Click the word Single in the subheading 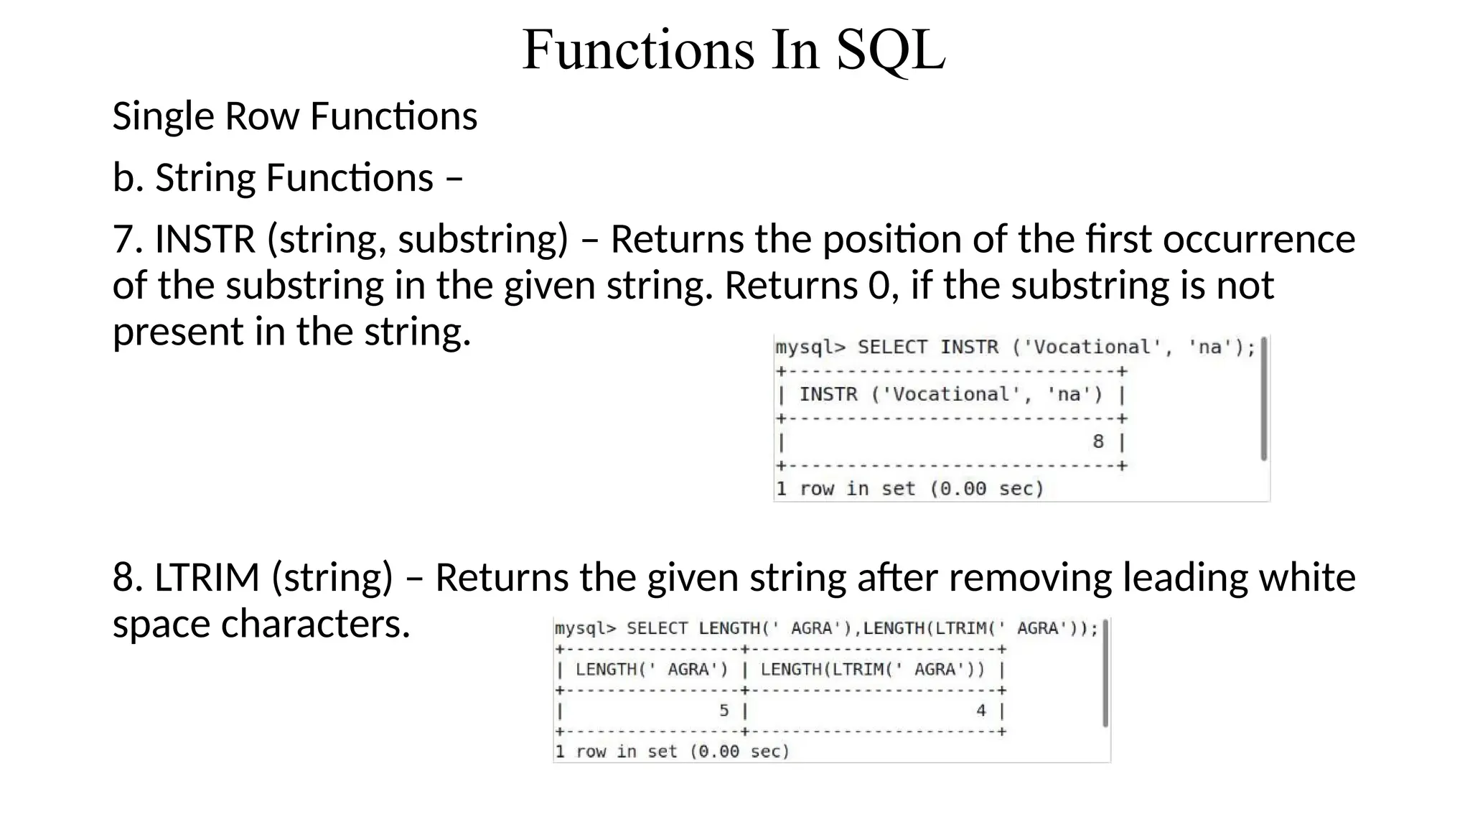coord(163,116)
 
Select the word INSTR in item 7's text coord(205,239)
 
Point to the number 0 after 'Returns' coord(879,286)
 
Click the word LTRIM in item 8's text coord(207,578)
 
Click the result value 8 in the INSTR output coord(1097,441)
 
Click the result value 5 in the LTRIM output coord(724,711)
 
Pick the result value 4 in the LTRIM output coord(980,711)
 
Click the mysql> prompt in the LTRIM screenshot coord(585,629)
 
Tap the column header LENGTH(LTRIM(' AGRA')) coord(872,670)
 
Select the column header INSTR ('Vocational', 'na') coord(950,395)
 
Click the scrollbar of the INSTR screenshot coord(1263,399)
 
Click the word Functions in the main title coord(638,50)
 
